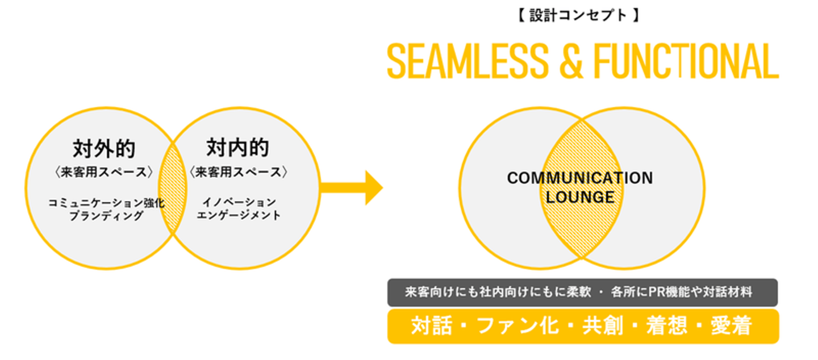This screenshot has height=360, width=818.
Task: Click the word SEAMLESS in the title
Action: (468, 61)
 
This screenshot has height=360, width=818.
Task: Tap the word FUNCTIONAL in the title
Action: (686, 61)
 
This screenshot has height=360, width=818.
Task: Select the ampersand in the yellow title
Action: (571, 61)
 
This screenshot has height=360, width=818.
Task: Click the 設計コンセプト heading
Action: (579, 15)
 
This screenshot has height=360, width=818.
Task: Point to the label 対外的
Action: (104, 148)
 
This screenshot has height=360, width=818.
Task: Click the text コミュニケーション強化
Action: (106, 203)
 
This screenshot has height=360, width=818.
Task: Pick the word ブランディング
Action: (106, 216)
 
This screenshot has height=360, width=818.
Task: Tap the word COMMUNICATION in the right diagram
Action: (579, 178)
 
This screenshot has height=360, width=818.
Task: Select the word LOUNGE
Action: (579, 198)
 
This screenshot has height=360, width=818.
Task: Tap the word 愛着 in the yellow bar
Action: (731, 326)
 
